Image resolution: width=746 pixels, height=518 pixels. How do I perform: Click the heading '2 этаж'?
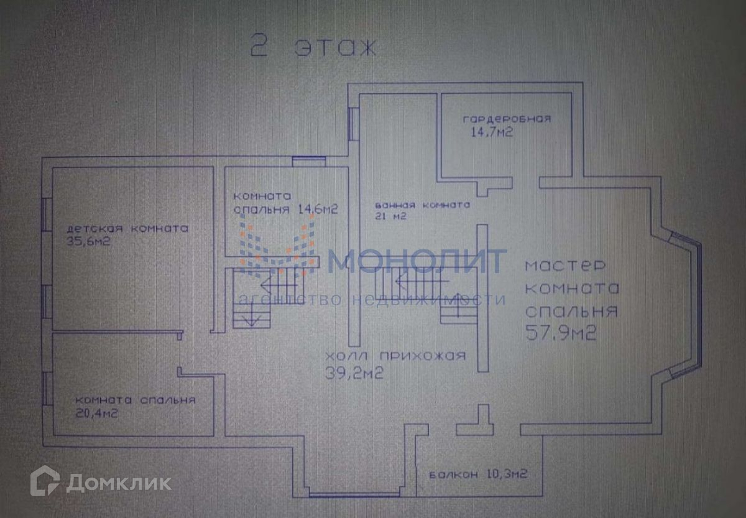(x=313, y=47)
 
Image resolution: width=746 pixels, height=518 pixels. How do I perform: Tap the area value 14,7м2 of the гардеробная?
(x=492, y=132)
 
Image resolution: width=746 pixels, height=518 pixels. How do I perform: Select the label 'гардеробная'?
(x=507, y=118)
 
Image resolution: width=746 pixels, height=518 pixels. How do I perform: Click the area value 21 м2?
(x=390, y=216)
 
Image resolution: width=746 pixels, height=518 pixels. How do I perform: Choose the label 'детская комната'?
(x=128, y=229)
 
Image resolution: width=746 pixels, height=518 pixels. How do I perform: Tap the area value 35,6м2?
(x=88, y=242)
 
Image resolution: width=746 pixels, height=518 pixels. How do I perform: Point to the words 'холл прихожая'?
(x=395, y=356)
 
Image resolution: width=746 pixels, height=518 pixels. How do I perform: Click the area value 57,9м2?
(x=561, y=334)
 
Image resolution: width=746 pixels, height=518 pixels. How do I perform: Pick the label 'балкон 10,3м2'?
(x=478, y=474)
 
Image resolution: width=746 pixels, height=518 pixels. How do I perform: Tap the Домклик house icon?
(x=45, y=482)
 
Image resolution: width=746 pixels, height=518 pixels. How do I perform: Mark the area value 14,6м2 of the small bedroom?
(x=314, y=210)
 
